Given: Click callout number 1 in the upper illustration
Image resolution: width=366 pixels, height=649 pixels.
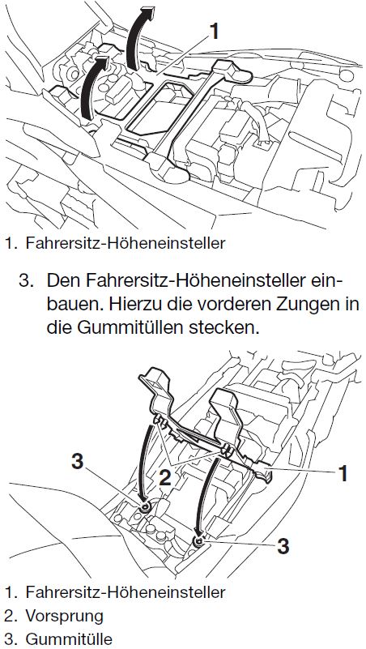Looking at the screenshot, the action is point(214,32).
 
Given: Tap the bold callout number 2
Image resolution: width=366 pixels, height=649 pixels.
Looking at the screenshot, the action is point(165,479).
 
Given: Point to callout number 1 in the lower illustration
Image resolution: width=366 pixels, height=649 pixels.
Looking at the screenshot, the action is point(343,473).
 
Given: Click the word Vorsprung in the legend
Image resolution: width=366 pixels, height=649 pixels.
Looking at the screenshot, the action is point(64,617).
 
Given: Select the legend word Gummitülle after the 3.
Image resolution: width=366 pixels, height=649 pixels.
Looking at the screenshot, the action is point(69,638).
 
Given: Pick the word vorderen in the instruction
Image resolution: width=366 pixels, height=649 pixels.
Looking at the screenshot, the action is point(220,305).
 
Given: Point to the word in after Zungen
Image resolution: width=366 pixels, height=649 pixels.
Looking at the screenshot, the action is point(353,305).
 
